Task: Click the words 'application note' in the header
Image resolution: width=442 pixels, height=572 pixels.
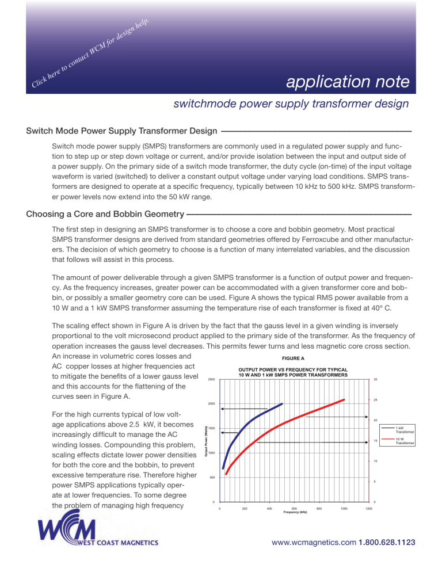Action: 348,82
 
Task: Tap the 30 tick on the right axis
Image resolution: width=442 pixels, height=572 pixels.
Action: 375,379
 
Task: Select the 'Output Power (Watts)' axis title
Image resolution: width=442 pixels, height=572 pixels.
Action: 207,440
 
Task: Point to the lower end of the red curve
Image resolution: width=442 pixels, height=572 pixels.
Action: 227,474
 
